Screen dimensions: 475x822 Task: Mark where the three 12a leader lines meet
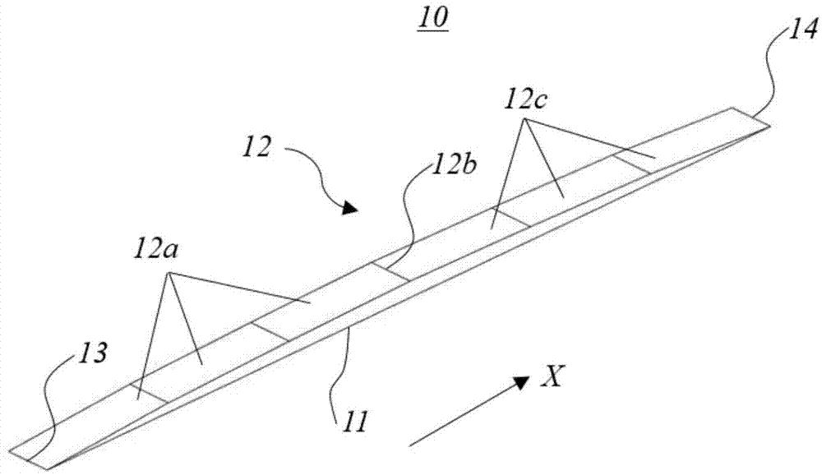(169, 275)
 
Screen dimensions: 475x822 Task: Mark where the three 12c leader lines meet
(527, 121)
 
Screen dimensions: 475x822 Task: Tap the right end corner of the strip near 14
(770, 125)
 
